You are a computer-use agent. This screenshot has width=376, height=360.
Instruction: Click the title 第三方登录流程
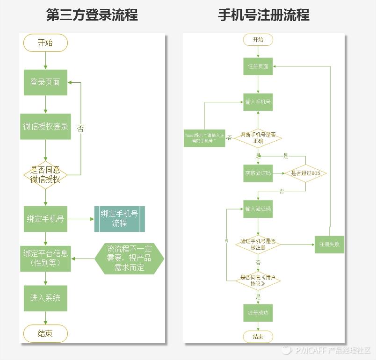coord(92,15)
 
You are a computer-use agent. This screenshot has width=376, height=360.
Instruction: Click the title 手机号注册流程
coord(264,15)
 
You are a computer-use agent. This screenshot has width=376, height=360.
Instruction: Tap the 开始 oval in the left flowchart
coord(45,43)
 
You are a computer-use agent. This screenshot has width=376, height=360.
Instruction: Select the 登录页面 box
coord(45,82)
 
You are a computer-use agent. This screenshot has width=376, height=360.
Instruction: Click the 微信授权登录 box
coord(45,126)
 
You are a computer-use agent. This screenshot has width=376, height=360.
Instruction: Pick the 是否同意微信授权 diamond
coord(45,175)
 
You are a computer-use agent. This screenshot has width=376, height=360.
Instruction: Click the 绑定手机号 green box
coord(45,219)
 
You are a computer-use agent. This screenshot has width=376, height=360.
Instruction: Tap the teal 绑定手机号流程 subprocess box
coord(119,219)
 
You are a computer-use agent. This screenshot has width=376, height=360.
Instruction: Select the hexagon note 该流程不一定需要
coord(129,259)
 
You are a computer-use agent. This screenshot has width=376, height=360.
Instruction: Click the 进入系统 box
coord(45,298)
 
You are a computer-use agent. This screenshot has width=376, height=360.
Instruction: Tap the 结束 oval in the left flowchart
coord(45,333)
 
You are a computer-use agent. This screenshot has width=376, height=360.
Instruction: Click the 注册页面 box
coord(258,66)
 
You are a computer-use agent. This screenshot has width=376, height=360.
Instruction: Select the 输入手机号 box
coord(258,101)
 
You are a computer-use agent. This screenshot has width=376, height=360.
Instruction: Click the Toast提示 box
coord(204,138)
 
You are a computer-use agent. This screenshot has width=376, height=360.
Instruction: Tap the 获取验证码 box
coord(258,173)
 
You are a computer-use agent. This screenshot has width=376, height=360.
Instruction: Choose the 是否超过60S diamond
coord(305,173)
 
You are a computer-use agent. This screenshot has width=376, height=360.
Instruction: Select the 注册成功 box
coord(258,312)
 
